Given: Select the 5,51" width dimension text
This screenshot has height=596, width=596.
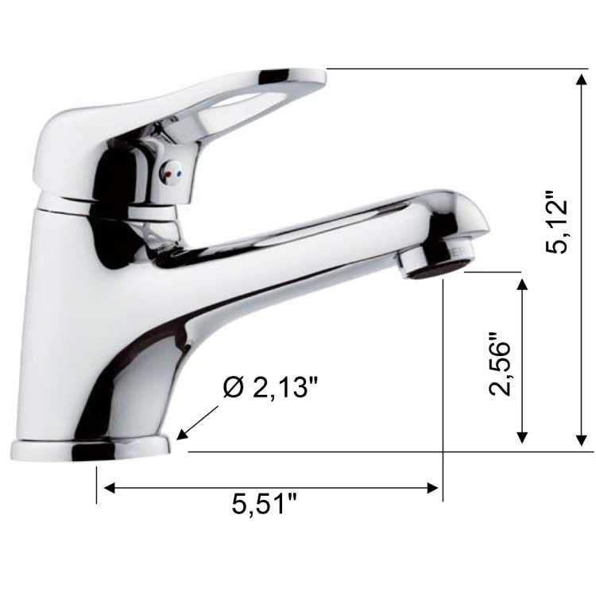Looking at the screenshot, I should coord(265,504).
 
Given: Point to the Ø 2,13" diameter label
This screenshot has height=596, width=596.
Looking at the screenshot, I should coord(270,389).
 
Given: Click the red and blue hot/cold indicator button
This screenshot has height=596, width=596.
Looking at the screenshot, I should coord(172,172).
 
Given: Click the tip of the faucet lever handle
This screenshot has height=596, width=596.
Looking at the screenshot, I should coord(314,77).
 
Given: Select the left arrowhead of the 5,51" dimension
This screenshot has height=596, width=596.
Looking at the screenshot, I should coord(107,487).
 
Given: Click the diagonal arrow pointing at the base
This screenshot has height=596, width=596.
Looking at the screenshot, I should coord(199,420).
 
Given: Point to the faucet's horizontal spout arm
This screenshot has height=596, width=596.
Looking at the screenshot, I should coord(318,230).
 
